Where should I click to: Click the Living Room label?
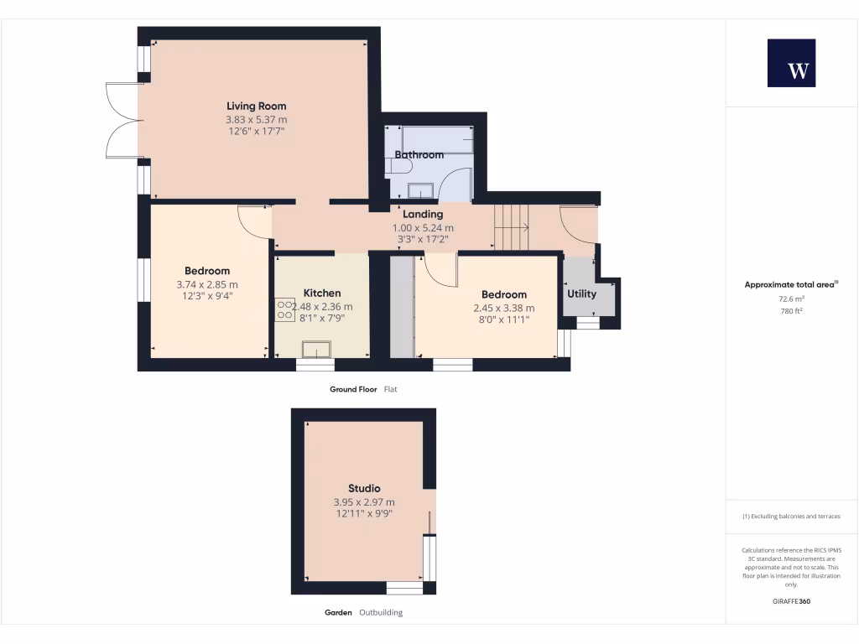256,106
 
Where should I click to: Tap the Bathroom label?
419,155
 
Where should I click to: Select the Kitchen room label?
322,293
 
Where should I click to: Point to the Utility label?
581,294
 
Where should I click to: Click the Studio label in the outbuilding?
364,489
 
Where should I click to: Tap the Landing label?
423,215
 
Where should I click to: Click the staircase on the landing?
511,227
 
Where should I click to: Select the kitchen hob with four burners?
284,309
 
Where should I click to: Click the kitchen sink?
316,349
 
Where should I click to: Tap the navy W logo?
791,63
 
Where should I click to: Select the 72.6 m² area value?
791,299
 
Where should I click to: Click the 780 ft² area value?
791,311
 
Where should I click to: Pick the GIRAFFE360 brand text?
791,601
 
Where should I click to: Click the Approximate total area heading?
790,285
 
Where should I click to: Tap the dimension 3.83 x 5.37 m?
256,120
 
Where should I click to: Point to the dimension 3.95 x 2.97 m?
364,502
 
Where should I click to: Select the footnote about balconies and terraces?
791,517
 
